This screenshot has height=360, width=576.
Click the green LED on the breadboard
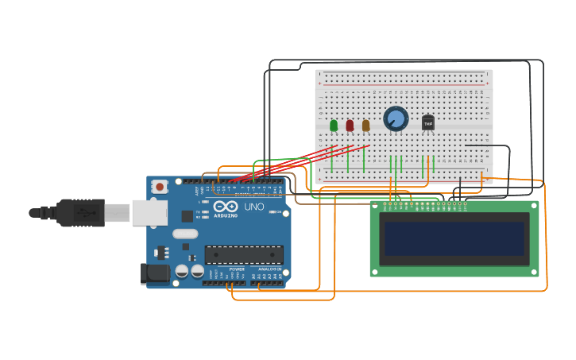[334, 125]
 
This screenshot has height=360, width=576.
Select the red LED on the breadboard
[350, 125]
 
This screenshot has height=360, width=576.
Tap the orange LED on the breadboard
[365, 125]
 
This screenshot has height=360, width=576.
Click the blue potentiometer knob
[396, 119]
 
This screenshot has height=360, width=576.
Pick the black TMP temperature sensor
[428, 122]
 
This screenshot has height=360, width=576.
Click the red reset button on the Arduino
[160, 187]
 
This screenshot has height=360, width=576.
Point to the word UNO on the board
[253, 207]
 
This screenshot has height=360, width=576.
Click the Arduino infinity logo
[226, 207]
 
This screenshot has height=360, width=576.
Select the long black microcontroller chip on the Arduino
[244, 255]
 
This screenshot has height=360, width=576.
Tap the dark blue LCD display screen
[454, 238]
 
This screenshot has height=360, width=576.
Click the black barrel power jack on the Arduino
[156, 273]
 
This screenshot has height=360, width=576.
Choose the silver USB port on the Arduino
[149, 212]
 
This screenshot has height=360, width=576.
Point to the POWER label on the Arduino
[237, 269]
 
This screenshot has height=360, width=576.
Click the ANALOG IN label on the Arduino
[269, 269]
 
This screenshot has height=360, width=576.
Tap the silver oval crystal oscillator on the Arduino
[184, 234]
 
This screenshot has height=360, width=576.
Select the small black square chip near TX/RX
[187, 215]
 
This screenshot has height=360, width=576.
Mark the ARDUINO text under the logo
[226, 215]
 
